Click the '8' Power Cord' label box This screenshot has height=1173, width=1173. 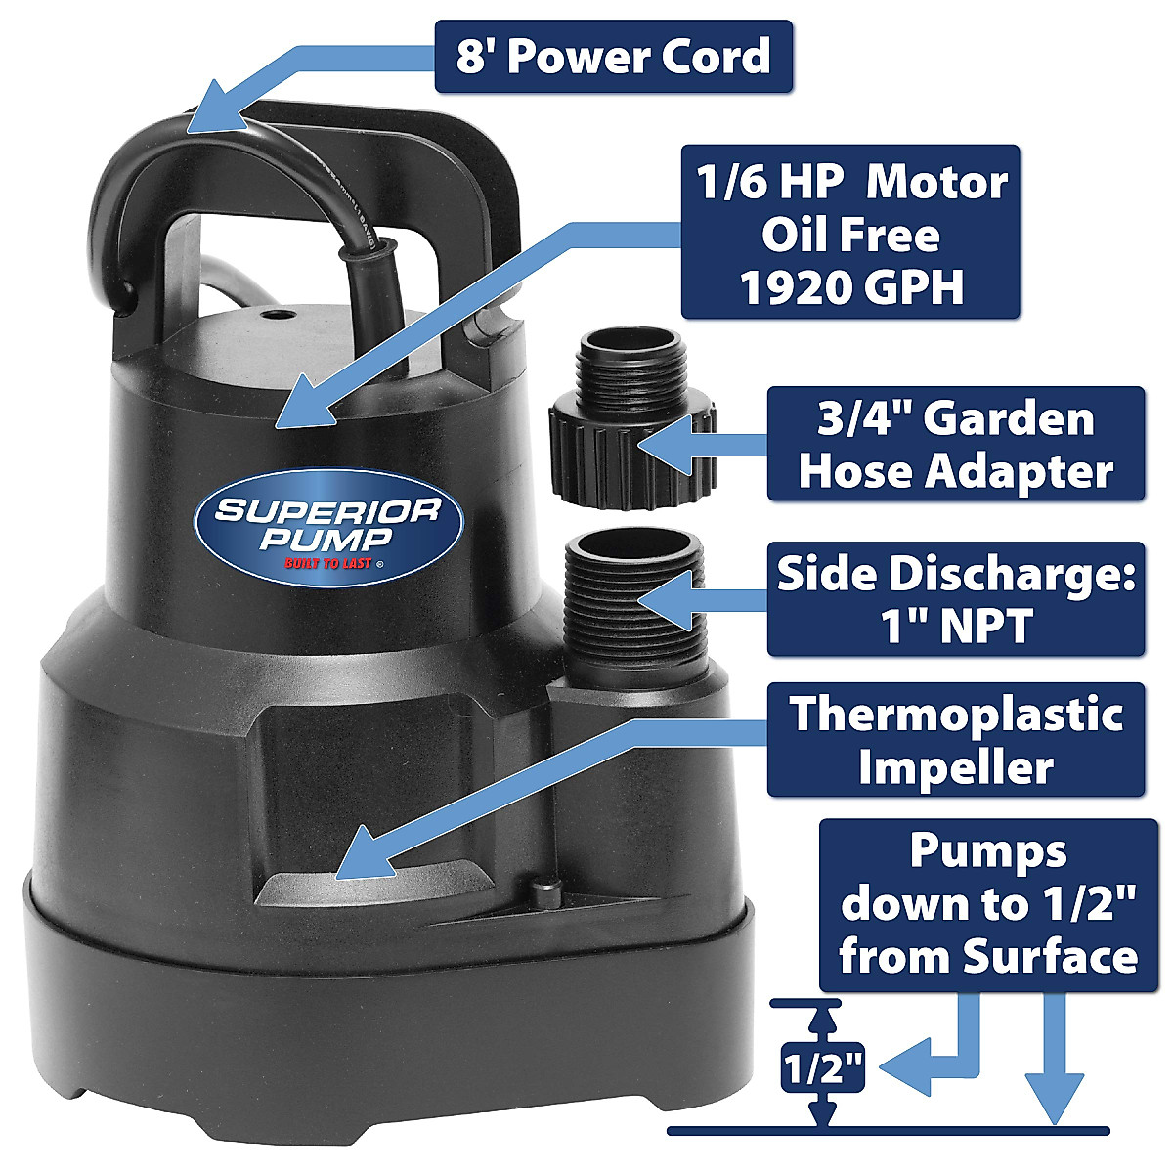tap(613, 57)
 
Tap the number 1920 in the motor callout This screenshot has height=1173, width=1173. tap(803, 287)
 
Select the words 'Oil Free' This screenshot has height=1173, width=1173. tap(850, 235)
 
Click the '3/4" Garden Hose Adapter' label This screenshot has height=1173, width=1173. tap(955, 445)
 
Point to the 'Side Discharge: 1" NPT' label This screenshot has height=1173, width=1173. tap(955, 599)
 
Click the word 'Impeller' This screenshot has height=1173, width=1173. tap(955, 768)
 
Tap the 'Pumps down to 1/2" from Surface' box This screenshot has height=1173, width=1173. tap(987, 904)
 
